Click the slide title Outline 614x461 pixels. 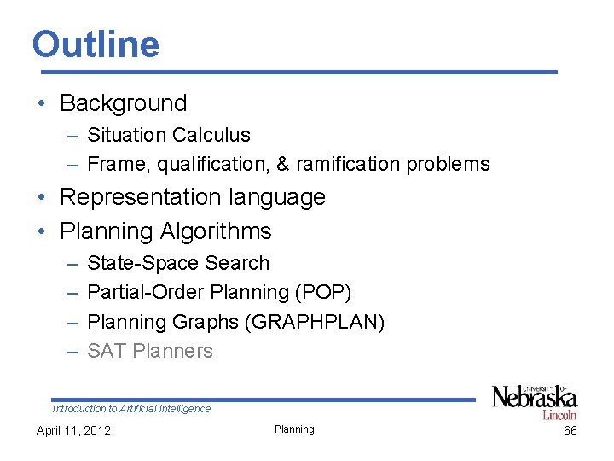click(x=96, y=44)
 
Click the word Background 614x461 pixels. click(x=123, y=103)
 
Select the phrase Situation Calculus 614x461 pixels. click(x=169, y=135)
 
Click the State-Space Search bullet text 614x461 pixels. click(x=178, y=263)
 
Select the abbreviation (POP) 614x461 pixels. click(x=322, y=292)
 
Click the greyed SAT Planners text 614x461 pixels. click(x=150, y=351)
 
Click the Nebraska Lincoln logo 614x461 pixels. click(x=535, y=400)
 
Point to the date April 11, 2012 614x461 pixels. click(x=73, y=430)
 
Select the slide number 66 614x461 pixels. click(x=570, y=430)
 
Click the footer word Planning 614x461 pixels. click(x=294, y=429)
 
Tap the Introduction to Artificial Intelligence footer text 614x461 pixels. click(x=131, y=409)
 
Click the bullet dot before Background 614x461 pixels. click(x=41, y=104)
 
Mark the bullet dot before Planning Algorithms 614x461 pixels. click(x=41, y=232)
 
